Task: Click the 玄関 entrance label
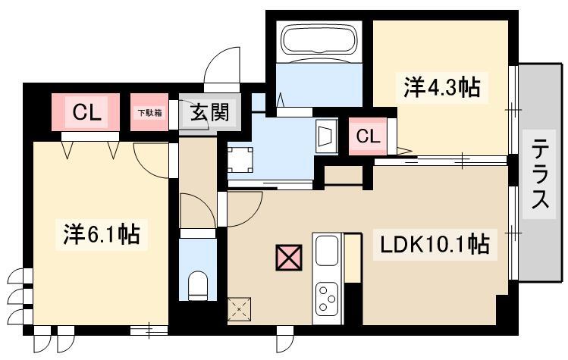210,112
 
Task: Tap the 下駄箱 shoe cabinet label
149,113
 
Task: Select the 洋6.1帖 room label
102,234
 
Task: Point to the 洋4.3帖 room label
442,87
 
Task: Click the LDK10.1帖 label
435,245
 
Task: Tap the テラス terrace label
540,174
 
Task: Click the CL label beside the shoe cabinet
86,113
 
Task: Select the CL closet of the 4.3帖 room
368,136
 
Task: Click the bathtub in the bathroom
319,40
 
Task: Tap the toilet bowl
198,286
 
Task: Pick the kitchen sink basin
327,251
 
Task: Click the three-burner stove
327,299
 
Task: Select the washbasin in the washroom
326,136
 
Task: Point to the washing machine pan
240,159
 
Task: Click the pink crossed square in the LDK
289,258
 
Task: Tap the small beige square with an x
240,309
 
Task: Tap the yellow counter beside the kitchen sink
353,258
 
